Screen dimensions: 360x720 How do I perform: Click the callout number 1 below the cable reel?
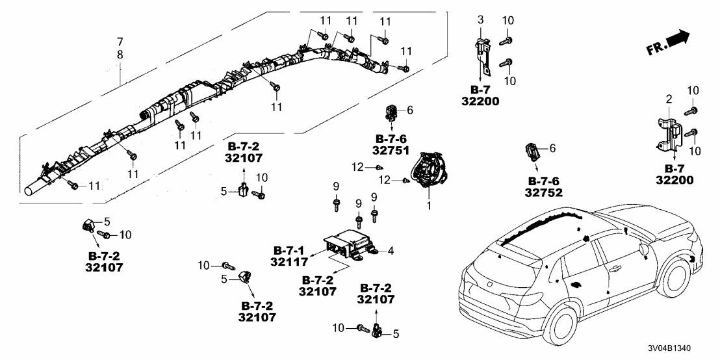pyautogui.click(x=429, y=205)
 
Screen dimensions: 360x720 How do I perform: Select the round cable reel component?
pyautogui.click(x=428, y=170)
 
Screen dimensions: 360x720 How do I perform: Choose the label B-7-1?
pyautogui.click(x=289, y=250)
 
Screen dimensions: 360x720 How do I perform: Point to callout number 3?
pyautogui.click(x=480, y=21)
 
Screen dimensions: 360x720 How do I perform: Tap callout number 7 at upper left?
pyautogui.click(x=120, y=42)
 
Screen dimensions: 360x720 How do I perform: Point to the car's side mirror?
pyautogui.click(x=644, y=249)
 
